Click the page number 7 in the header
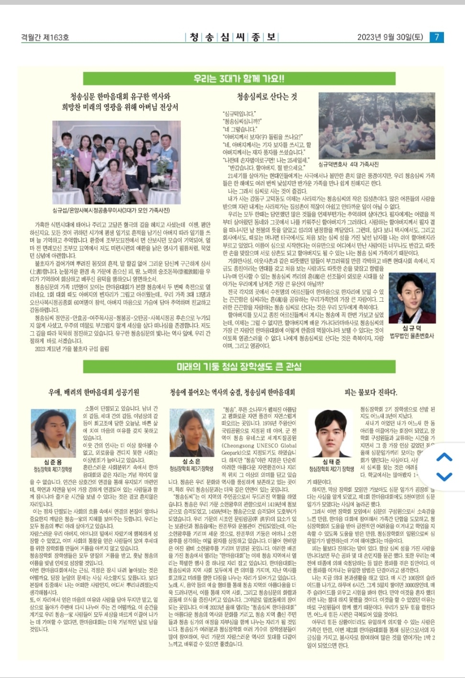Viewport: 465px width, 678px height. point(436,37)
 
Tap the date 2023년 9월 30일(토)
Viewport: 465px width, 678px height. point(390,37)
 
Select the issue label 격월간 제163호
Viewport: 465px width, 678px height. point(45,37)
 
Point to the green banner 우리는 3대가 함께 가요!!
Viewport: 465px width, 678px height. point(239,79)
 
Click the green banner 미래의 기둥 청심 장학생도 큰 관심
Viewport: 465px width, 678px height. point(239,366)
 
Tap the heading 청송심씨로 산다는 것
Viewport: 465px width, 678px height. point(267,97)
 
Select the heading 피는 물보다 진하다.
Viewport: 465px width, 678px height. point(371,393)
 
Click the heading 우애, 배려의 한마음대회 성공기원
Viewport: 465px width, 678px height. point(94,393)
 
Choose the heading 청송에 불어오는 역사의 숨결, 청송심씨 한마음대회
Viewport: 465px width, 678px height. point(232,393)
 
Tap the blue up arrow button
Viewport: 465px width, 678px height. point(444,457)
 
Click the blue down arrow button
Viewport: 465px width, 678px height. point(444,476)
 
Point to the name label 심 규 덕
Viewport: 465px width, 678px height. point(411,328)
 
